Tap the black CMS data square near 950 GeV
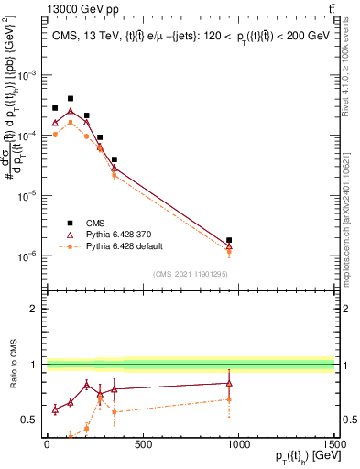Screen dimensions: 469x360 [229, 240]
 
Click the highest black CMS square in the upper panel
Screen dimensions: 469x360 [71, 98]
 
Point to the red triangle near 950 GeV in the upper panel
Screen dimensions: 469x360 [229, 245]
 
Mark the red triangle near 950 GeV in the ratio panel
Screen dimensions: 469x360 [229, 384]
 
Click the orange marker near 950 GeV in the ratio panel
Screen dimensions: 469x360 [229, 399]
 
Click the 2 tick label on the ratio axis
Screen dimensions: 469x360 [37, 309]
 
